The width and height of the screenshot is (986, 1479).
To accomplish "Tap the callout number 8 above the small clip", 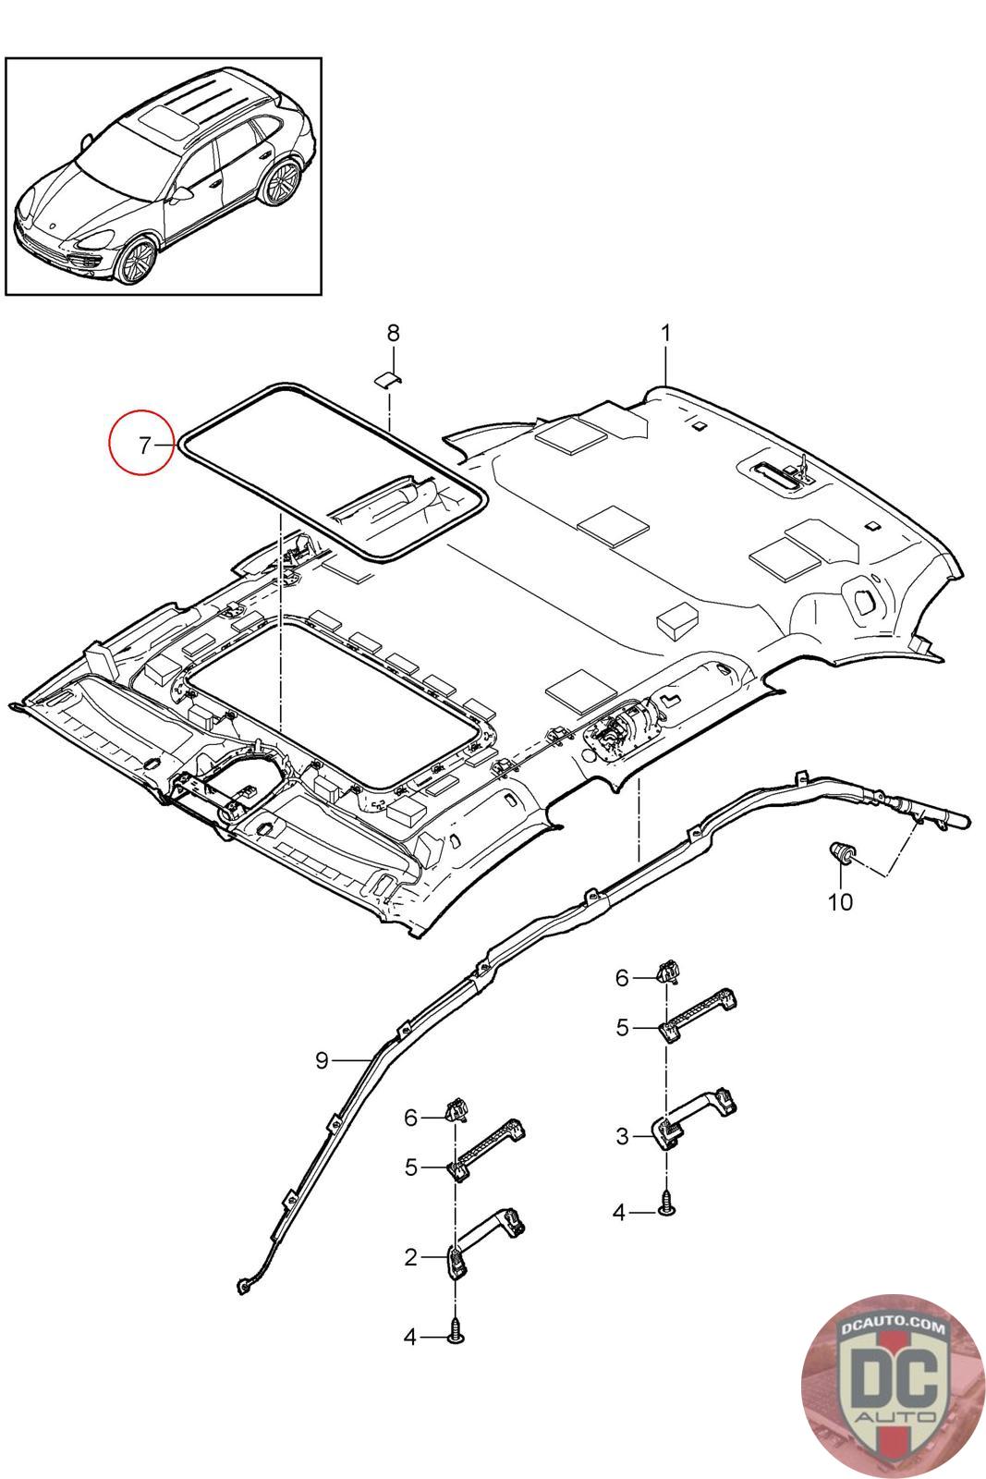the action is click(393, 334).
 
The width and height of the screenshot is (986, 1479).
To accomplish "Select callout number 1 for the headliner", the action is click(665, 334).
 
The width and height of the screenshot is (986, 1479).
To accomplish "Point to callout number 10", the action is click(840, 901).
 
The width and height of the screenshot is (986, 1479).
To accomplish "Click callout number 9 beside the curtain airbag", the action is click(322, 1060).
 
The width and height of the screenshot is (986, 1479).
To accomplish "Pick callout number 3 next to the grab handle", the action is click(622, 1136).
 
